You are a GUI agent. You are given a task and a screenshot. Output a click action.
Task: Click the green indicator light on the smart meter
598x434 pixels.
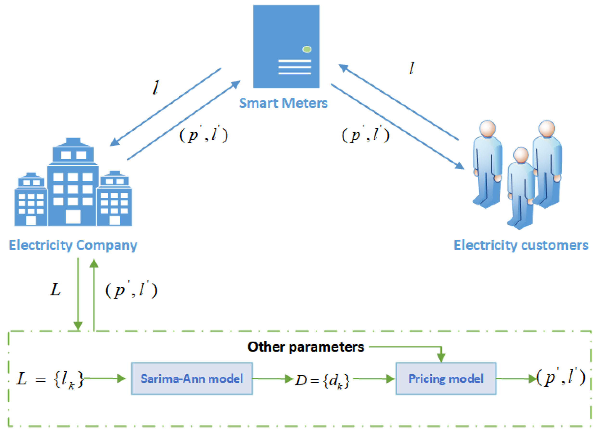(x=307, y=49)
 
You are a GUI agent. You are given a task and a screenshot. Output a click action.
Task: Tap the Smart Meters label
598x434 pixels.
(x=283, y=103)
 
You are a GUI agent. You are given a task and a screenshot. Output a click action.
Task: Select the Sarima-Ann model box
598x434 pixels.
(x=192, y=378)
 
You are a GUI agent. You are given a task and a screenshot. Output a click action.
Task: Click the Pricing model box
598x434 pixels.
(x=446, y=378)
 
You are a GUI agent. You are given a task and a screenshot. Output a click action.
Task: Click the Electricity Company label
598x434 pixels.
(x=73, y=245)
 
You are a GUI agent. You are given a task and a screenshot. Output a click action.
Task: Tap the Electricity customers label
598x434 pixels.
(x=521, y=245)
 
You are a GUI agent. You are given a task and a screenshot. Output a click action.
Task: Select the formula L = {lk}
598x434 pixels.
(x=50, y=379)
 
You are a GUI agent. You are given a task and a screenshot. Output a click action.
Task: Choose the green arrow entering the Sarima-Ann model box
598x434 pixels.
(x=105, y=378)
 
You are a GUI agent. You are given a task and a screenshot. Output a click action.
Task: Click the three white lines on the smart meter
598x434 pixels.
(x=294, y=67)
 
